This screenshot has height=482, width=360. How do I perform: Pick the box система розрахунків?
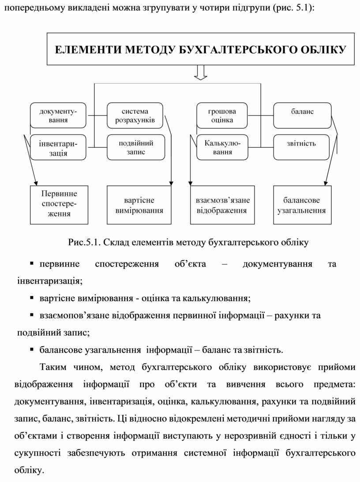tap(135, 116)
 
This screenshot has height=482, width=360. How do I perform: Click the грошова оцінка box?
tap(222, 116)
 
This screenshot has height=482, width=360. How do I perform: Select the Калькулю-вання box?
tap(222, 147)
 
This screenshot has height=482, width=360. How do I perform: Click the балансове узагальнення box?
tap(301, 205)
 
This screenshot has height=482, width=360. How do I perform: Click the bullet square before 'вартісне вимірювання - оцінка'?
tap(32, 298)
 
